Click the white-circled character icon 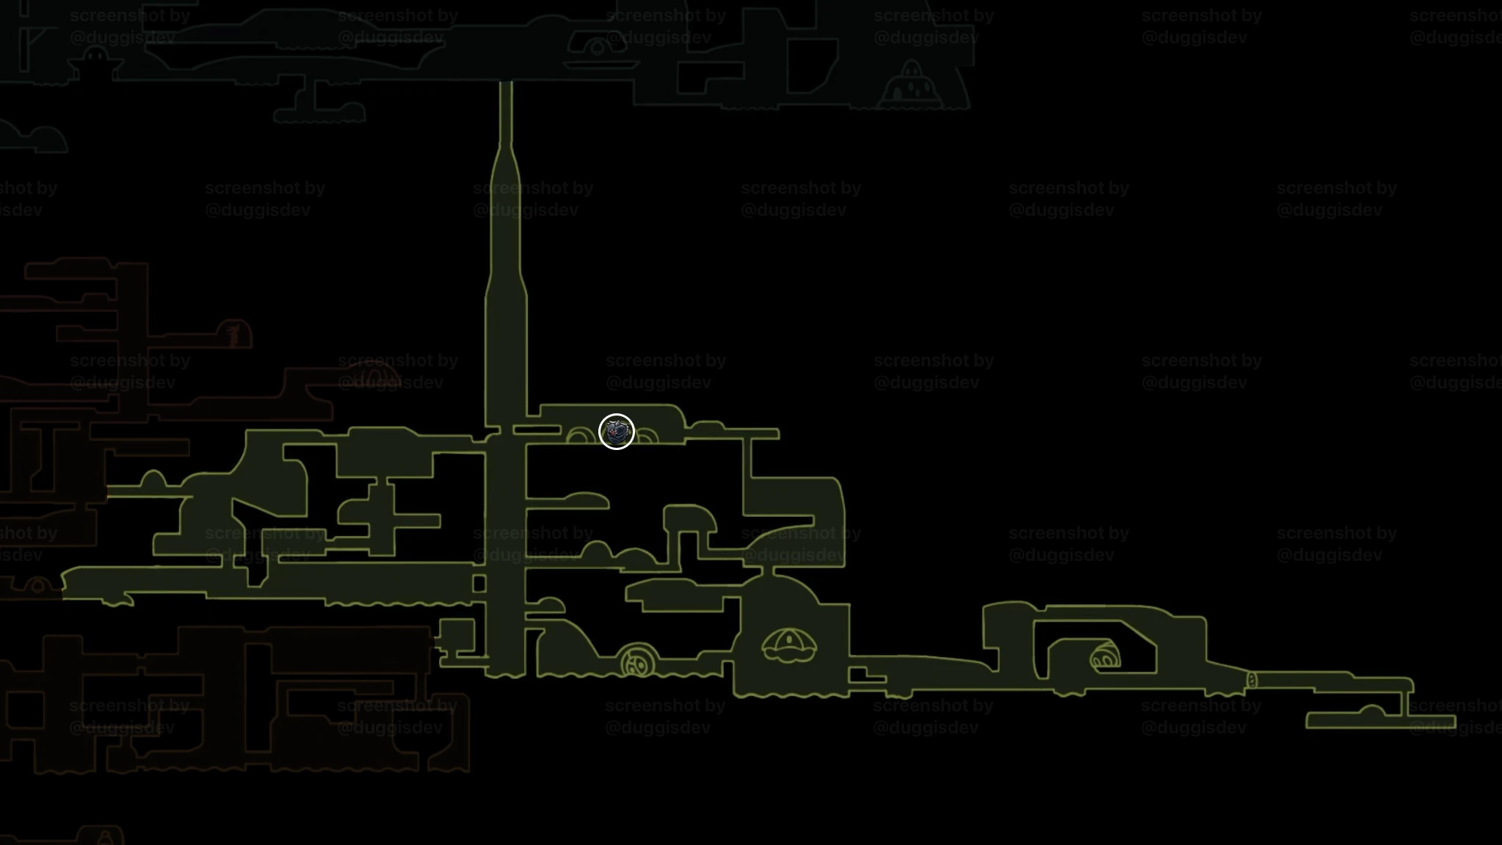[x=616, y=432]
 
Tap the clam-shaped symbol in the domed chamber [x=789, y=646]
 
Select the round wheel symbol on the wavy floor [x=637, y=661]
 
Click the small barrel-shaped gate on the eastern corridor [x=1252, y=681]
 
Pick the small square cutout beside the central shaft [x=479, y=584]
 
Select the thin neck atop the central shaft [x=506, y=112]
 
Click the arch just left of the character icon [x=581, y=435]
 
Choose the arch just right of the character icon [x=647, y=436]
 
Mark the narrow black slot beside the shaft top [x=537, y=429]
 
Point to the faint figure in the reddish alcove [x=233, y=334]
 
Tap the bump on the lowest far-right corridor [x=1371, y=711]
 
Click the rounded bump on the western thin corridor [x=153, y=480]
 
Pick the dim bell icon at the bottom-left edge [x=105, y=835]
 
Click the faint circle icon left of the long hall [x=37, y=586]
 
